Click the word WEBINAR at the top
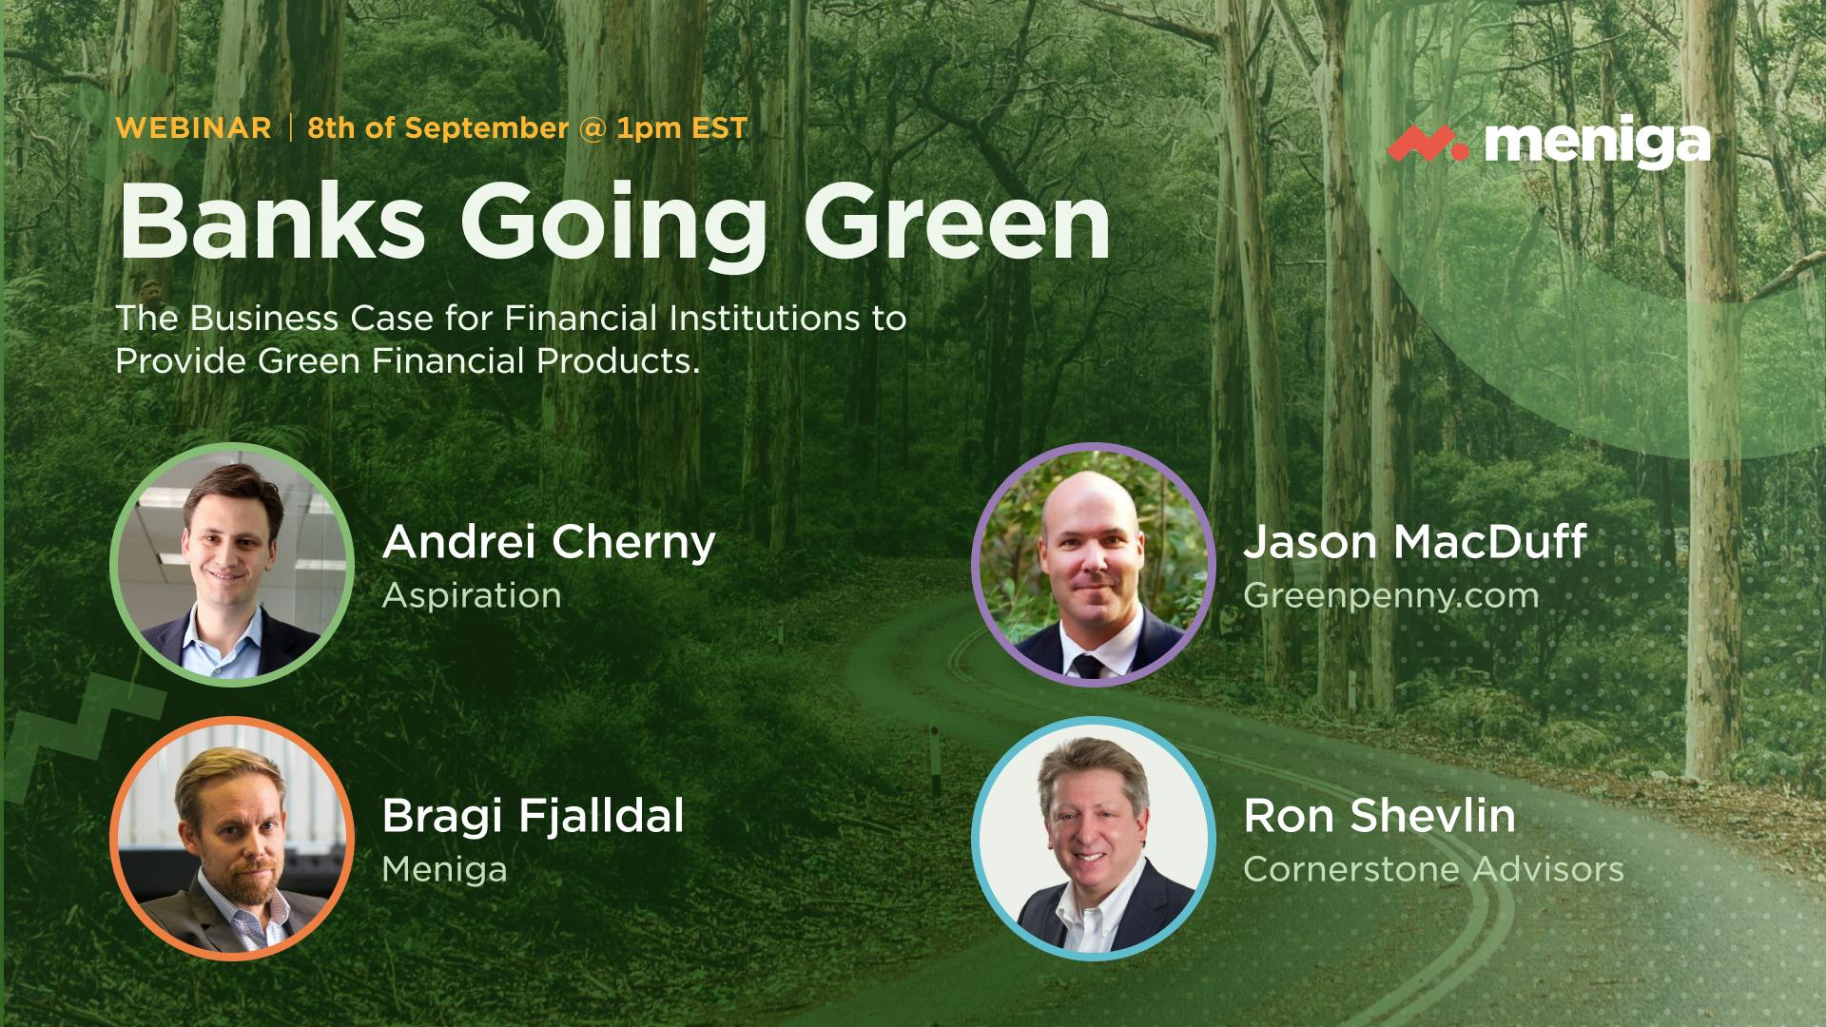click(x=194, y=128)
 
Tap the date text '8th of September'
click(x=438, y=128)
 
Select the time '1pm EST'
click(x=682, y=128)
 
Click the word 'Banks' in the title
click(x=272, y=223)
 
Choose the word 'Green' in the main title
click(x=957, y=223)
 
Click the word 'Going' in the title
click(x=613, y=228)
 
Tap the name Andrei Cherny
click(x=549, y=543)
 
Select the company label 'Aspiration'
click(x=472, y=597)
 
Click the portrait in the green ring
click(x=232, y=565)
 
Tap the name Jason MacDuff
click(x=1415, y=542)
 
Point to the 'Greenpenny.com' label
click(x=1390, y=597)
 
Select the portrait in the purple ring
click(x=1093, y=565)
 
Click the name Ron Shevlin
click(x=1379, y=817)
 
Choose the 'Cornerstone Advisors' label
click(x=1433, y=869)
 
